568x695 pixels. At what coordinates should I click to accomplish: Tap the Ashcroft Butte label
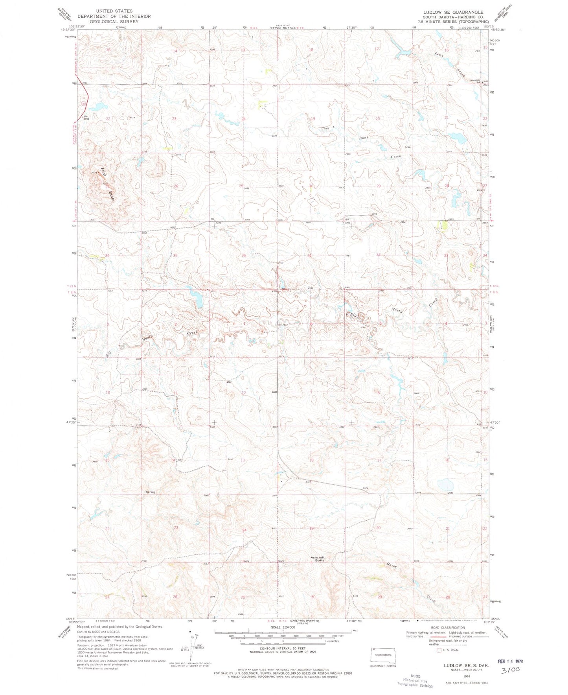[x=318, y=559]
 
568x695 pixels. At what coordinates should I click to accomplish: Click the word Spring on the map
[x=150, y=492]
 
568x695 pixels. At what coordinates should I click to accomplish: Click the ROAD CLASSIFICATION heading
[x=447, y=628]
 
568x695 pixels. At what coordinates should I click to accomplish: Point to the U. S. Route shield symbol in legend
[x=439, y=650]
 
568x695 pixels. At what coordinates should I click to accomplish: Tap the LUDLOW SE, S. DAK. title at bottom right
[x=464, y=665]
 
